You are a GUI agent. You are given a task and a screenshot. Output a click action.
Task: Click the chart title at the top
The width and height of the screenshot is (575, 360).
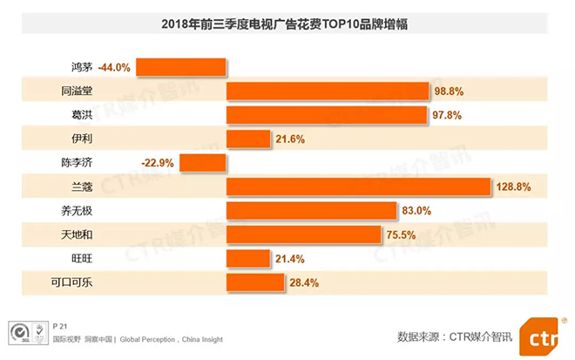[x=286, y=24]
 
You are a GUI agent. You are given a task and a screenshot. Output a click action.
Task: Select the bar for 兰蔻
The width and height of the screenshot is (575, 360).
[x=358, y=187]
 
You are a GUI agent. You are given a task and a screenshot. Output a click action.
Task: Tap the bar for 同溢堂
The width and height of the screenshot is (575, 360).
[x=328, y=91]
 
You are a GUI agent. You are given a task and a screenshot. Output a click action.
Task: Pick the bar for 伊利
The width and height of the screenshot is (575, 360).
[x=248, y=139]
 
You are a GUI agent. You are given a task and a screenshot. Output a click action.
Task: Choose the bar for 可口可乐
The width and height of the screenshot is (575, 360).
[x=255, y=282]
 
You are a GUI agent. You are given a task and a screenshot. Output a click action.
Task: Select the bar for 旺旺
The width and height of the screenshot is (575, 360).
[x=247, y=259]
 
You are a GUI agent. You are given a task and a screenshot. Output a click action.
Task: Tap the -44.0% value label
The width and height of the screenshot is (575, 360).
[x=114, y=67]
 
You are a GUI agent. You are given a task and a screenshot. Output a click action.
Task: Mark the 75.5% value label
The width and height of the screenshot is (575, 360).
[x=402, y=234]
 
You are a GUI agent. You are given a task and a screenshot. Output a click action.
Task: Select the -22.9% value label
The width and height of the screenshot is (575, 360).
[x=159, y=163]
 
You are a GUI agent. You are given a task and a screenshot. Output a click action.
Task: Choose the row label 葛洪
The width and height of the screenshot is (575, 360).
[x=83, y=115]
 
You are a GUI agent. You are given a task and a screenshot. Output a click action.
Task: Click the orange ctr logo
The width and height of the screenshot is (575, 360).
[x=543, y=336]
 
